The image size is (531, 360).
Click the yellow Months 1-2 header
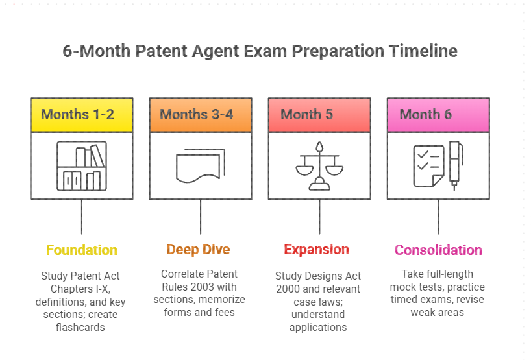[x=82, y=115]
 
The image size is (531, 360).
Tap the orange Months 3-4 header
[x=201, y=115]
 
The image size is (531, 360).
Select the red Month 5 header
[x=319, y=115]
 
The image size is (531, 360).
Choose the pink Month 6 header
[x=438, y=115]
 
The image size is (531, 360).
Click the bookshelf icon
[x=82, y=167]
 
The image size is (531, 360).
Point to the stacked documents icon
[x=201, y=167]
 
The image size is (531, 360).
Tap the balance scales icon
[x=319, y=167]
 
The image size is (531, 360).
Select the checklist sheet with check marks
[x=428, y=166]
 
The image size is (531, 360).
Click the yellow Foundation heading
[x=82, y=250]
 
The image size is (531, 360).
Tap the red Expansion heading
[x=316, y=250]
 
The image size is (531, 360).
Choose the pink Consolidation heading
[x=438, y=250]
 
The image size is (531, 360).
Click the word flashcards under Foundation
[x=82, y=327]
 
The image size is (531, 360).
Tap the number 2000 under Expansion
[x=289, y=289]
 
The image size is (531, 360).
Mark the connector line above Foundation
[x=82, y=217]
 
